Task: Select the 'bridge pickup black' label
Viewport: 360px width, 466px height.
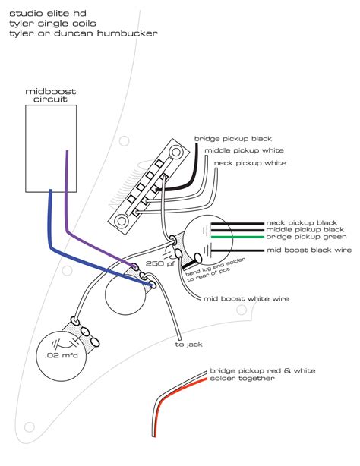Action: tap(232, 139)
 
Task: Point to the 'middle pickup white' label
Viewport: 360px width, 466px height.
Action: tap(241, 150)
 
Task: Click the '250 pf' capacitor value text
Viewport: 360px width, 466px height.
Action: tap(166, 263)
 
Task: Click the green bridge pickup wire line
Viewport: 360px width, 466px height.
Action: tap(235, 237)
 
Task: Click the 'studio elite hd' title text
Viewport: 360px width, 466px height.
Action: tap(45, 10)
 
